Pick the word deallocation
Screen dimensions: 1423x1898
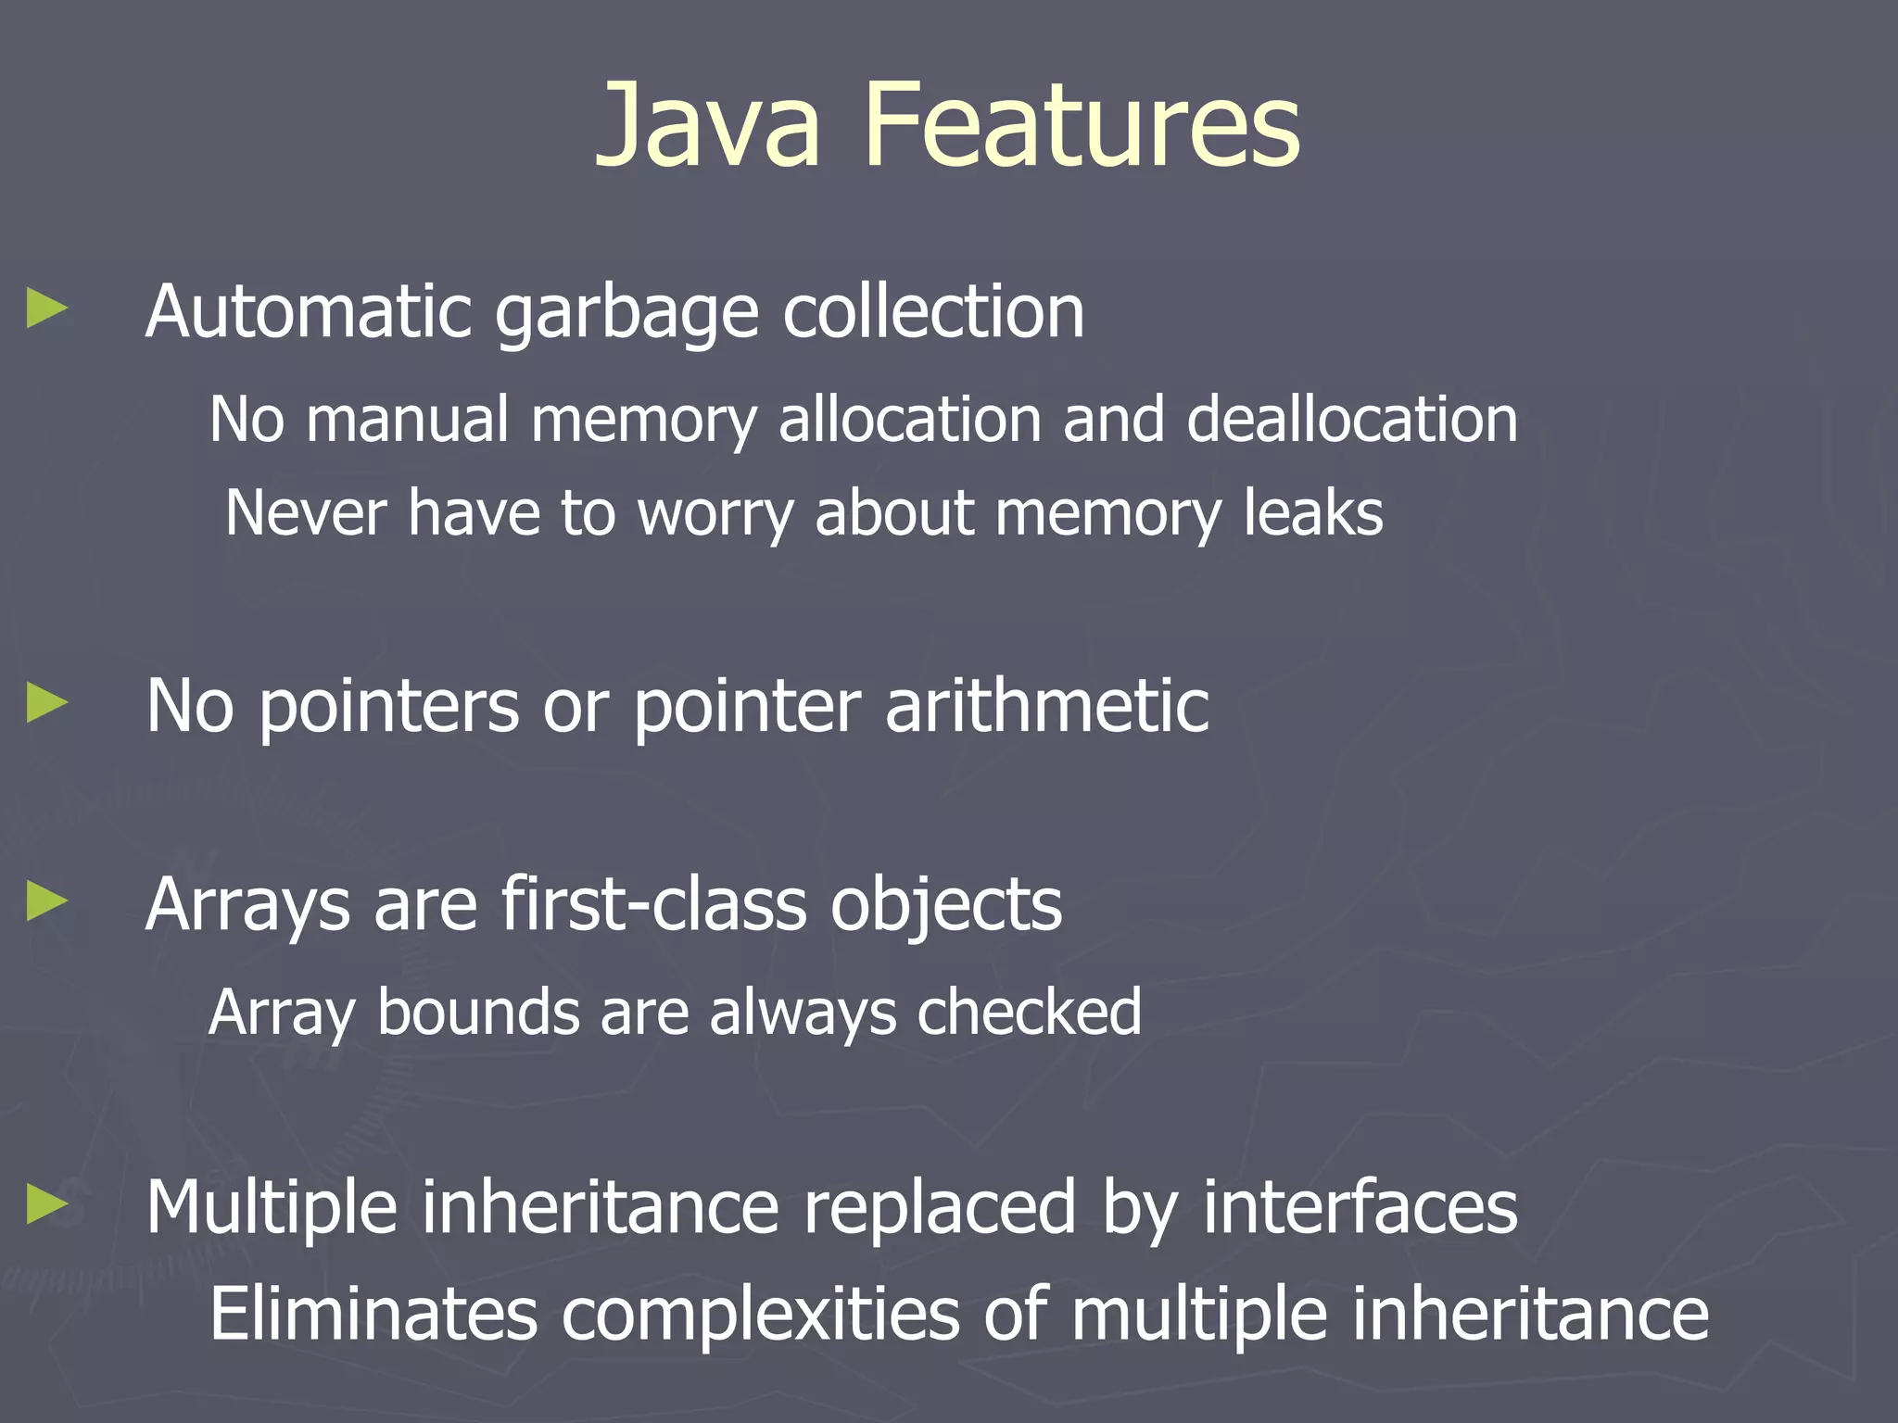tap(1352, 420)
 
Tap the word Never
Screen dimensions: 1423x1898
tap(305, 512)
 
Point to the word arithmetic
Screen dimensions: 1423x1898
tap(1047, 706)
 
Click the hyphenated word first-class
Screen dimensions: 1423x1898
tap(653, 904)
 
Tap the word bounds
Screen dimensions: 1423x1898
tap(477, 1012)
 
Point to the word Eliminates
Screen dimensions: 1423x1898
tap(373, 1314)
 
